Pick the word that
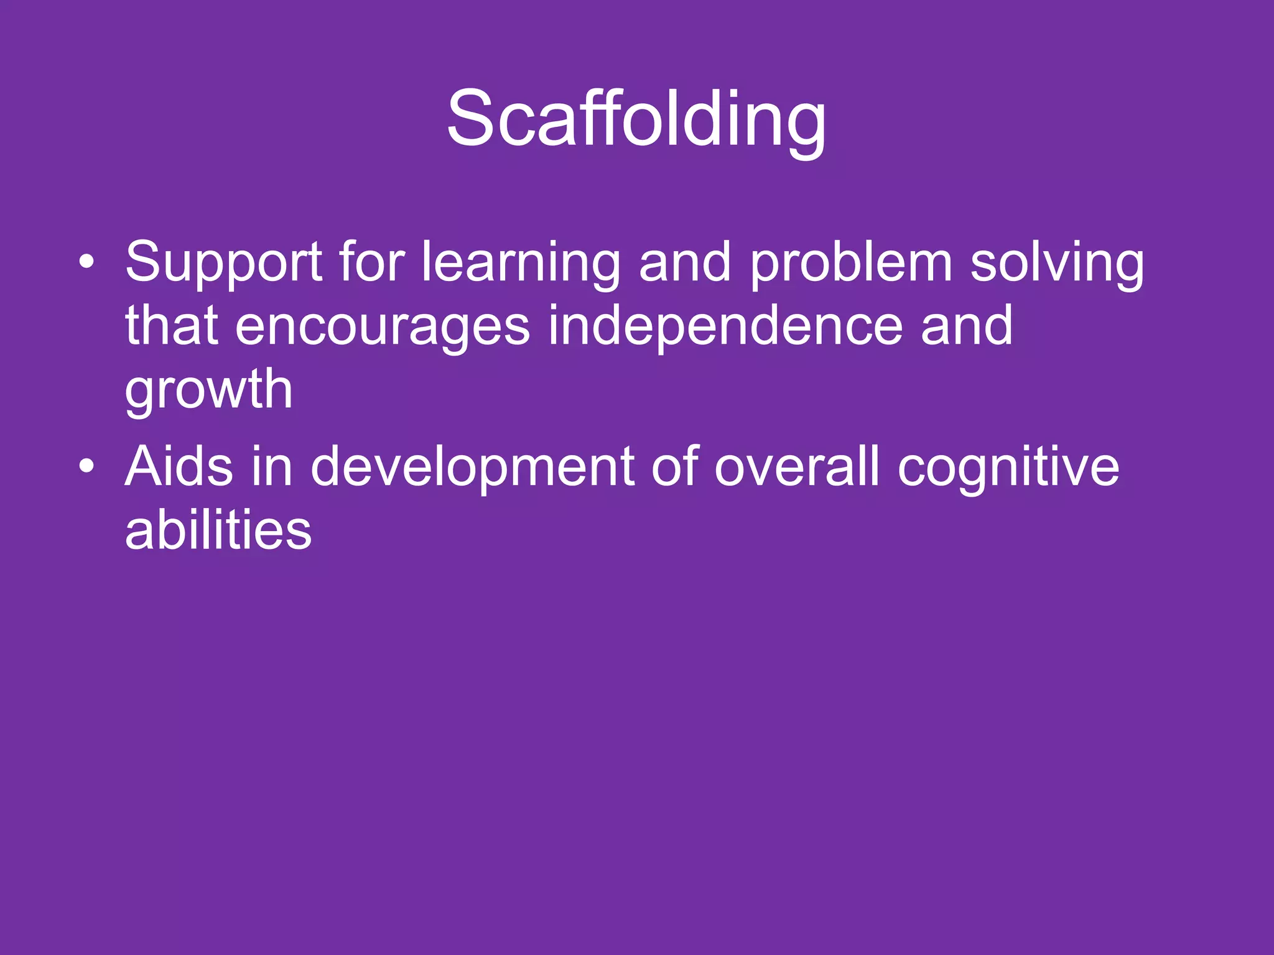[171, 326]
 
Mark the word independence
[725, 327]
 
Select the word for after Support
[372, 262]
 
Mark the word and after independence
[967, 326]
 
